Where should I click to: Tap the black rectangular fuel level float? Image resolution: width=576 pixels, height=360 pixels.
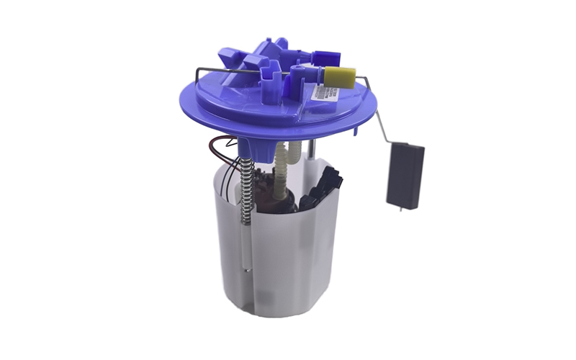click(x=405, y=176)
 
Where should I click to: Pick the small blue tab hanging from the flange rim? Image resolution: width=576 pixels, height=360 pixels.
click(x=354, y=131)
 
